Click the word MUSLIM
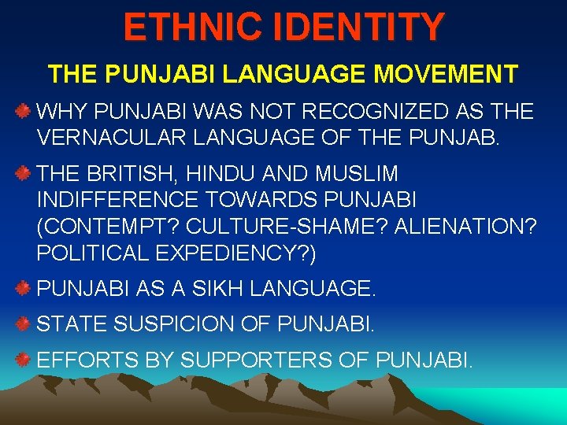click(x=356, y=173)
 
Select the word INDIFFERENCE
click(x=121, y=198)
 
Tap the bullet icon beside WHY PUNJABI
click(x=24, y=110)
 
